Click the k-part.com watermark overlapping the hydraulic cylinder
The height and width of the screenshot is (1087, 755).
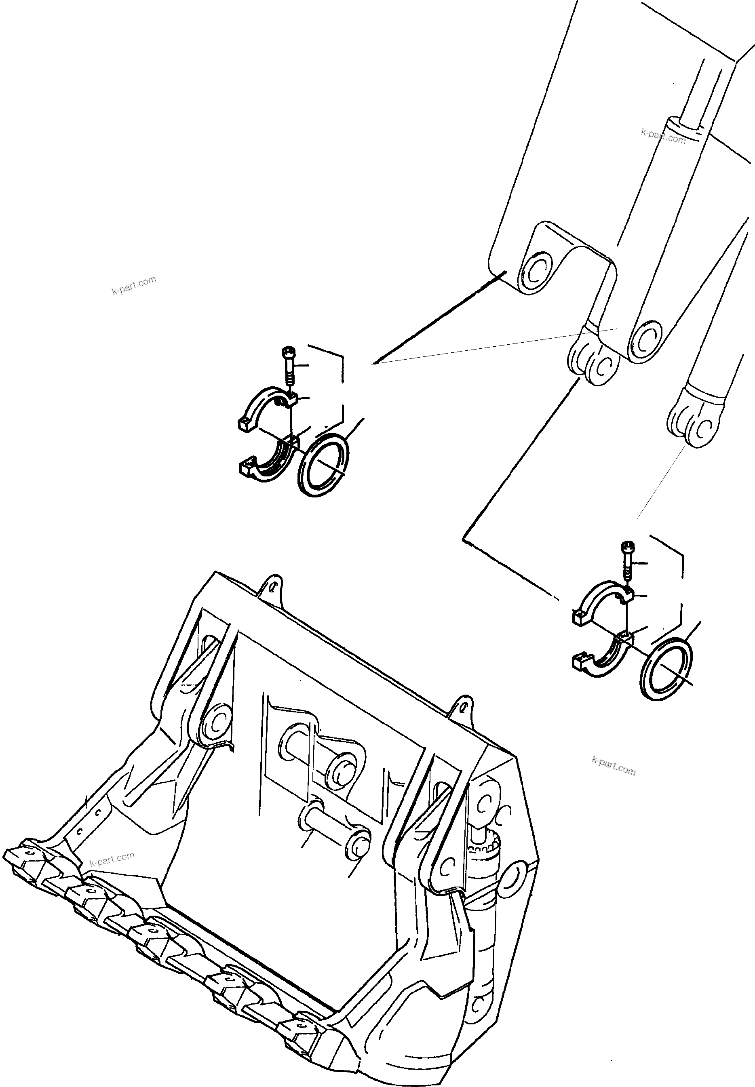tap(663, 136)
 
